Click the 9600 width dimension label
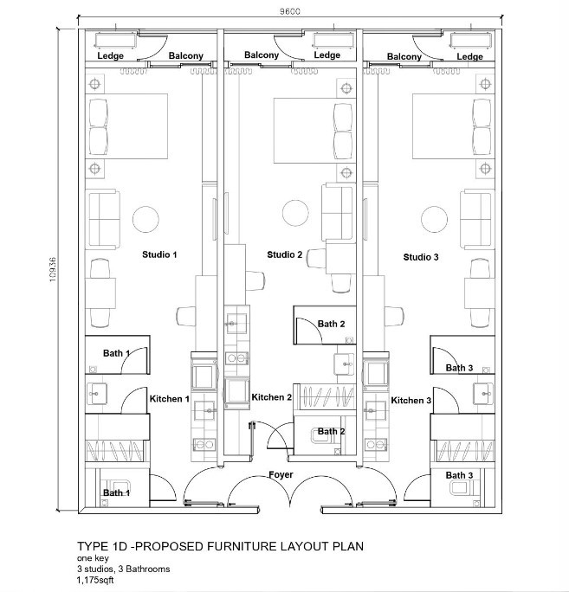[290, 11]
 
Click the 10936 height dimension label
[53, 269]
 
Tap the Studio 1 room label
[159, 254]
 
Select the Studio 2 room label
[284, 254]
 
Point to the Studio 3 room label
[421, 257]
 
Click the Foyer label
[281, 474]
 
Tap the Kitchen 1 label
[169, 399]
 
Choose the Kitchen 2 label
[272, 397]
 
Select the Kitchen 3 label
[411, 400]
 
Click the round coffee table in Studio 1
[145, 219]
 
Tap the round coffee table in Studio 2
[295, 213]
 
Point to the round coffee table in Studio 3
[435, 219]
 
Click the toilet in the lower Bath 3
[462, 488]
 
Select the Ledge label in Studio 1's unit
[110, 56]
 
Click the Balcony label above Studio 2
[262, 55]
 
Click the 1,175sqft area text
[95, 580]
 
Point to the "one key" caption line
[93, 558]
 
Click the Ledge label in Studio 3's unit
[469, 56]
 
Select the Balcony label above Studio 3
[404, 56]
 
